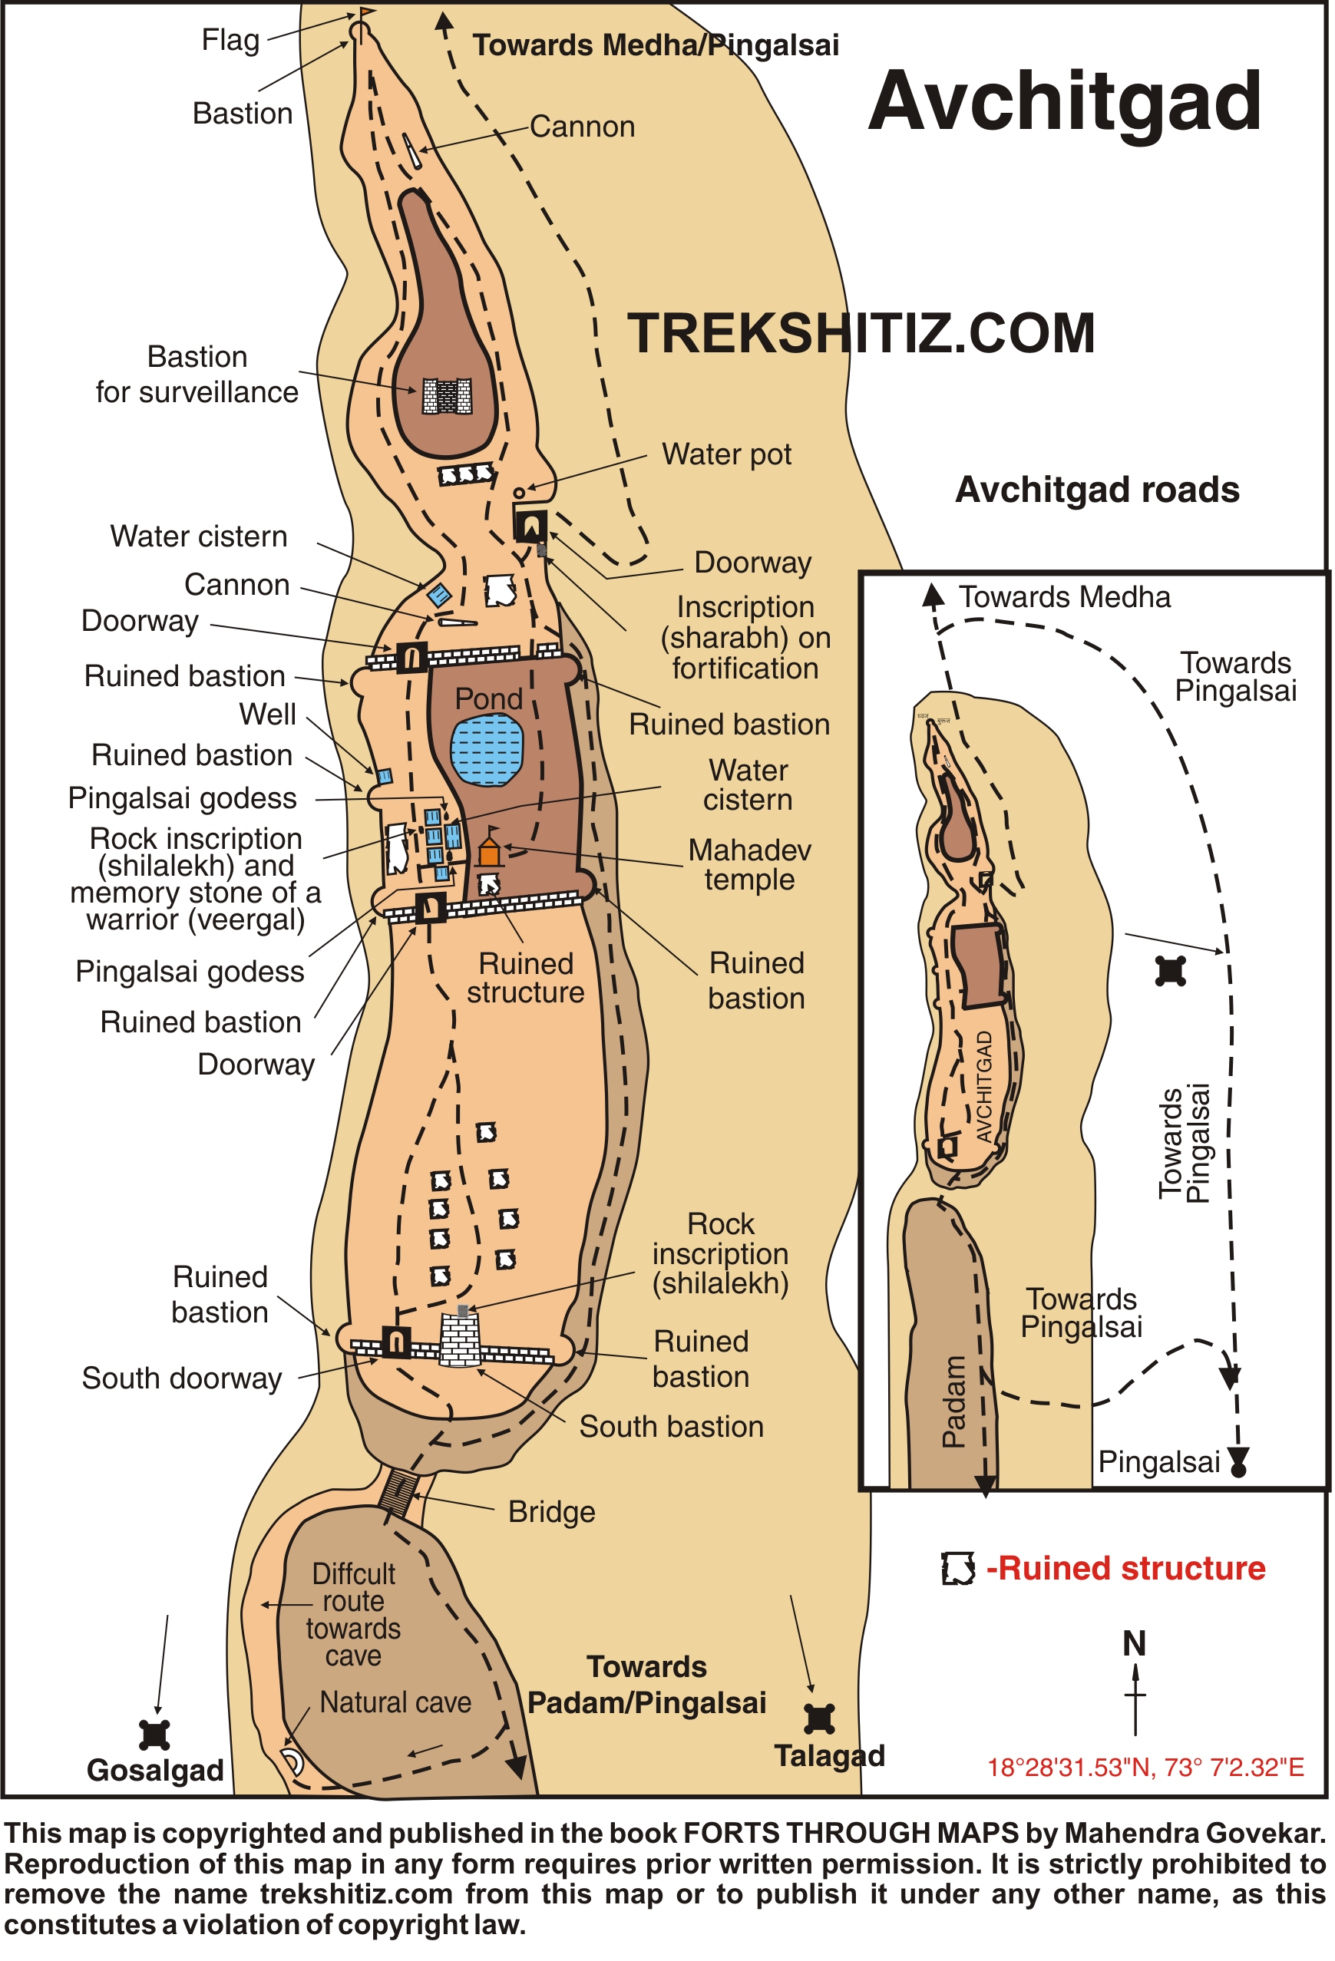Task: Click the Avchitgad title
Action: pyautogui.click(x=1064, y=103)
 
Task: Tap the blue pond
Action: pyautogui.click(x=487, y=750)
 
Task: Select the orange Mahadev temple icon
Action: pyautogui.click(x=490, y=851)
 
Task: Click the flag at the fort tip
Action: pyautogui.click(x=366, y=14)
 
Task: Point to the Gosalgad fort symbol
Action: pyautogui.click(x=154, y=1735)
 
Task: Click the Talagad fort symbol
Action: pyautogui.click(x=818, y=1718)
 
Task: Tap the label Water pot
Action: pyautogui.click(x=726, y=454)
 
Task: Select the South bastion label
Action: pyautogui.click(x=671, y=1426)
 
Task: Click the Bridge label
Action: pyautogui.click(x=551, y=1511)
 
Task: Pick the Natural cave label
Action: pyautogui.click(x=395, y=1702)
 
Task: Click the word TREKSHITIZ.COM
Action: pyautogui.click(x=861, y=333)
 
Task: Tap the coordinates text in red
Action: pyautogui.click(x=1145, y=1767)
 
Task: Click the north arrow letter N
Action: pyautogui.click(x=1134, y=1644)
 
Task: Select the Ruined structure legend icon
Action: pyautogui.click(x=958, y=1568)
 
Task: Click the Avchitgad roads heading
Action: pyautogui.click(x=1097, y=490)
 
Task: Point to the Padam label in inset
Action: pyautogui.click(x=953, y=1401)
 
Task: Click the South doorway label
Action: pyautogui.click(x=181, y=1378)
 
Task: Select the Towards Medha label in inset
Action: pyautogui.click(x=1064, y=597)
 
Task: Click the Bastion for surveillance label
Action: pyautogui.click(x=197, y=375)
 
